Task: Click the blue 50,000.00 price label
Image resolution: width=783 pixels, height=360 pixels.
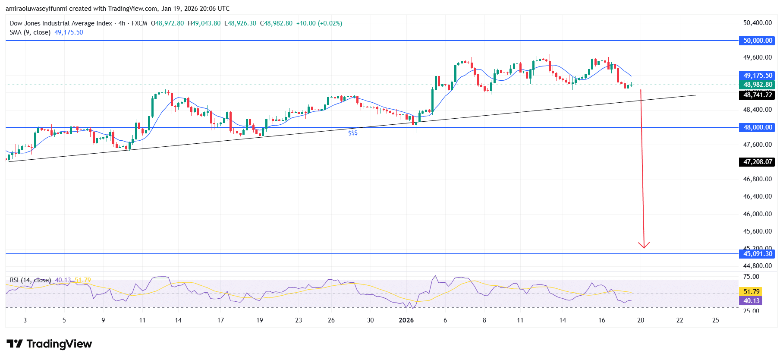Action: [757, 41]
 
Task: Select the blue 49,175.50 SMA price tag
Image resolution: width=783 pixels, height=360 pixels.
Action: [757, 76]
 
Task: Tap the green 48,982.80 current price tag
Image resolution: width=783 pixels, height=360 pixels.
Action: [757, 85]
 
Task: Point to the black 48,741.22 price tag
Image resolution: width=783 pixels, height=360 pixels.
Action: [757, 95]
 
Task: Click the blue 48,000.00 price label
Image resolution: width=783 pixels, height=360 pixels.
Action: [757, 127]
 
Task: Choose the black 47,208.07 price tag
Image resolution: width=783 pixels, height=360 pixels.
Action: [757, 162]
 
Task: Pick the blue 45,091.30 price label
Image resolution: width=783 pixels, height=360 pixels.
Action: [757, 254]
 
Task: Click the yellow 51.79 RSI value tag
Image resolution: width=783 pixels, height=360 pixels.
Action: [751, 292]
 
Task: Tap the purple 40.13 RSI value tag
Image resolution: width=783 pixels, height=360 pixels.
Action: [751, 301]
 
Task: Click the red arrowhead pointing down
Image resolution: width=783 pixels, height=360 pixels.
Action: [644, 245]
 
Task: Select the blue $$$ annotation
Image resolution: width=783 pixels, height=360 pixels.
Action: [353, 133]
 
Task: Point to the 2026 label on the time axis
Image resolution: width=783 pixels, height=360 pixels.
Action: [406, 320]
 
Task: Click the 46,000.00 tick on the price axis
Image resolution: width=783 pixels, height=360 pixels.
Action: [757, 214]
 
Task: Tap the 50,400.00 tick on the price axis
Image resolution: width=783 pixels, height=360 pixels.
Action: [757, 23]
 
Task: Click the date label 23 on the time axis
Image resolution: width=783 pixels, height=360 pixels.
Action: [299, 320]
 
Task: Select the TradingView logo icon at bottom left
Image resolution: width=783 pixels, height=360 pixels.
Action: [15, 344]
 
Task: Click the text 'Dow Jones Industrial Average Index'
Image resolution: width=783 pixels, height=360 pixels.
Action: [61, 23]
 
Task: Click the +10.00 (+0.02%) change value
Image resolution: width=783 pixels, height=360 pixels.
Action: [319, 23]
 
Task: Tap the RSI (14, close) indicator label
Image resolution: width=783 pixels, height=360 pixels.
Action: [30, 280]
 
